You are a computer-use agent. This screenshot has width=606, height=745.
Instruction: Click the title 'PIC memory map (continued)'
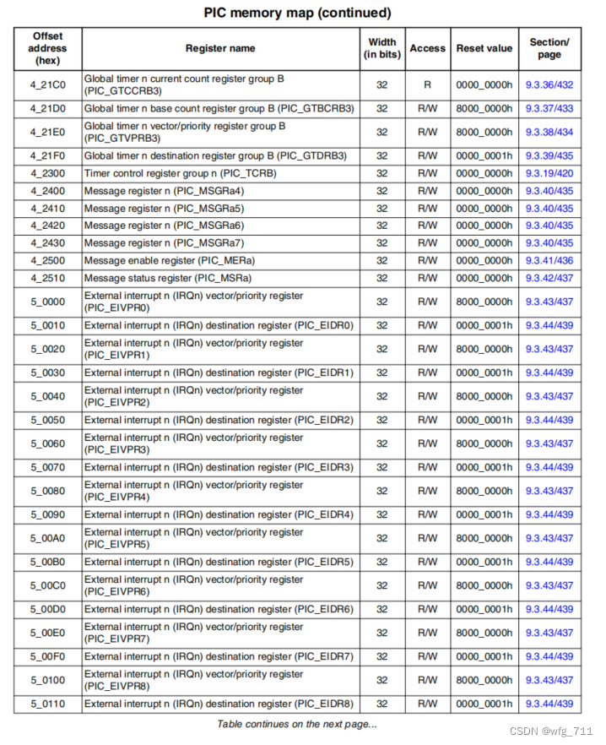click(298, 13)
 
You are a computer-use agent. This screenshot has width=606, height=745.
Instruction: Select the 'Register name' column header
click(220, 48)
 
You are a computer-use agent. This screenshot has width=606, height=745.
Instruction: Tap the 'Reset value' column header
click(484, 48)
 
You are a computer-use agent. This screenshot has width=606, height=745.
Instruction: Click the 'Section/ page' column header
click(549, 48)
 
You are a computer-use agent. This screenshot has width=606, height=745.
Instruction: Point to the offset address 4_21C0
click(47, 84)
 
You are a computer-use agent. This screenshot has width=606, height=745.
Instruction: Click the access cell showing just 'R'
click(427, 84)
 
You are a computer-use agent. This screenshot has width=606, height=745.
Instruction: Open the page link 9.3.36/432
click(549, 84)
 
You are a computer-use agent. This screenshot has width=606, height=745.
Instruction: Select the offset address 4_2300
click(47, 173)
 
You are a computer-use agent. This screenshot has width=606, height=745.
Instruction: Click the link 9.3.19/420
click(549, 173)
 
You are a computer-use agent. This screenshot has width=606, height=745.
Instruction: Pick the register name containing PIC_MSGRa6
click(164, 226)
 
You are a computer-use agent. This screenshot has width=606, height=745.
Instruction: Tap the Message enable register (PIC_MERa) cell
click(168, 260)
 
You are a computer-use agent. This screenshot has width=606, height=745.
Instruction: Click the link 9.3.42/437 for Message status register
click(549, 278)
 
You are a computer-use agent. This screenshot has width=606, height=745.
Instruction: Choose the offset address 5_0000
click(47, 302)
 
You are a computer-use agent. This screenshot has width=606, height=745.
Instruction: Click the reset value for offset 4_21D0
click(484, 108)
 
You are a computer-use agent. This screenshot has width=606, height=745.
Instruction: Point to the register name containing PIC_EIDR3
click(219, 467)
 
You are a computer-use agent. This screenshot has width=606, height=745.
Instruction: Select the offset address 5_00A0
click(47, 538)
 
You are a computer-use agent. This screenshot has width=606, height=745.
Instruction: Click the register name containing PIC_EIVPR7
click(193, 633)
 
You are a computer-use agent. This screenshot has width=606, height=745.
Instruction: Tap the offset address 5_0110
click(47, 704)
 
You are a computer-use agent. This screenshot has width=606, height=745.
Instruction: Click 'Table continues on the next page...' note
click(297, 724)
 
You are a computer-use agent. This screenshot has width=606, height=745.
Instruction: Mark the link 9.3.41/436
click(549, 260)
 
